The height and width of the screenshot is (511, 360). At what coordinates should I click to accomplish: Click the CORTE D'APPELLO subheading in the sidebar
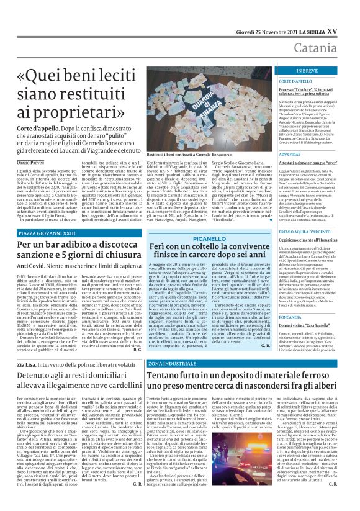tap(297, 81)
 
